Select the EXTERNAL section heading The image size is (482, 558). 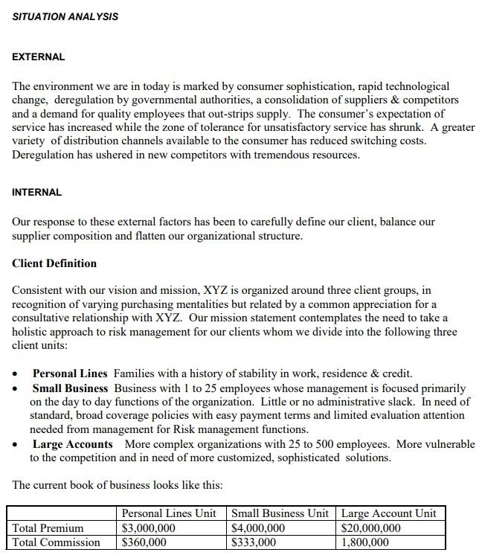39,57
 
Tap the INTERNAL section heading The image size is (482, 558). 37,192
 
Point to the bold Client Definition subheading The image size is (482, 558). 54,263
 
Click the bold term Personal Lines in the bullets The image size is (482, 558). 70,373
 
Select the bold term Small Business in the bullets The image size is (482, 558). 70,388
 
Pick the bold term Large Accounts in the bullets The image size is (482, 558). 73,444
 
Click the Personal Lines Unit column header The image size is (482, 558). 169,513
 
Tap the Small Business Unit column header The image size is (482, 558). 280,513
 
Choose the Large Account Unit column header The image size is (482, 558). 388,513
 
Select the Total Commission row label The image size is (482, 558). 57,542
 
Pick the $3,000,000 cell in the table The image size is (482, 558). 149,528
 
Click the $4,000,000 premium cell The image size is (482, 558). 258,528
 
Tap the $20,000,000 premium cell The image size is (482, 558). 370,528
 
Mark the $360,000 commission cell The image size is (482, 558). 144,542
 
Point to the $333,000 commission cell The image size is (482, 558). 254,542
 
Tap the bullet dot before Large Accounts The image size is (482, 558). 16,445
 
